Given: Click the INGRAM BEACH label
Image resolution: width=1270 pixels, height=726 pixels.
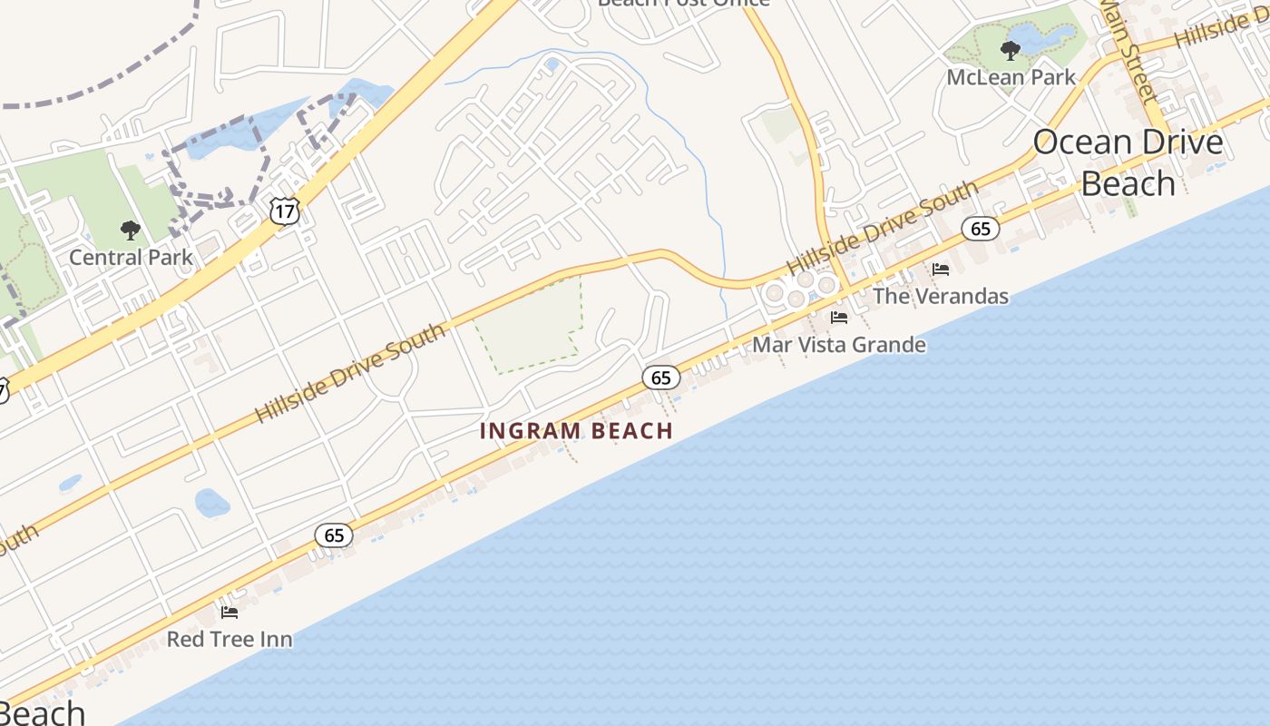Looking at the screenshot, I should point(576,431).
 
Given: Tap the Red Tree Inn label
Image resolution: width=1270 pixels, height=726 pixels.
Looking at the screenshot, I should point(230,639).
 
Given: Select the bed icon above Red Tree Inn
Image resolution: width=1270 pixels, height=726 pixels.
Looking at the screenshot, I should point(230,613).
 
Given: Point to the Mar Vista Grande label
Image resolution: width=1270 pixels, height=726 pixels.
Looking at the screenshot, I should point(839,345).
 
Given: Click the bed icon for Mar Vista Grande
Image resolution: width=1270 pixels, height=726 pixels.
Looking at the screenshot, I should point(839,318).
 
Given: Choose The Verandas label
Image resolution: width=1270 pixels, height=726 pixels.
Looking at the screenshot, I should point(941,296).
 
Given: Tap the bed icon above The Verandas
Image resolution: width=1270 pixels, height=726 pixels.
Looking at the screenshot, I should point(941,270).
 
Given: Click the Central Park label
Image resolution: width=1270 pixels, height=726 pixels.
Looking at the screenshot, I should point(131,257).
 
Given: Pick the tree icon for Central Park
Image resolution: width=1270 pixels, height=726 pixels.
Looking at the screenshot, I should point(131,231).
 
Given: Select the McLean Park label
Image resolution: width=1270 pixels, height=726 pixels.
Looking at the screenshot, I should point(1011,77).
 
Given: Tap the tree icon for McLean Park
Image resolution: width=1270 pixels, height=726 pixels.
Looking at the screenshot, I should point(1010,50).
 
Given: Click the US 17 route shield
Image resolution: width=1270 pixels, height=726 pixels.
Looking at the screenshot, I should point(284,211).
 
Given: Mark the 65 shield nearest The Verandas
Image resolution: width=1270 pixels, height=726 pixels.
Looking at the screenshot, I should point(981,229).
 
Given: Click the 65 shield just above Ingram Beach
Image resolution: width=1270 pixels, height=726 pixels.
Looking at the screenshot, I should point(661,378).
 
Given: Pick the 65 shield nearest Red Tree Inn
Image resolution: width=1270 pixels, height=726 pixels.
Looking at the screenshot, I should point(334,535).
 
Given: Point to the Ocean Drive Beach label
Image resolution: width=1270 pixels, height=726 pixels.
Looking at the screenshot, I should point(1128,163).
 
